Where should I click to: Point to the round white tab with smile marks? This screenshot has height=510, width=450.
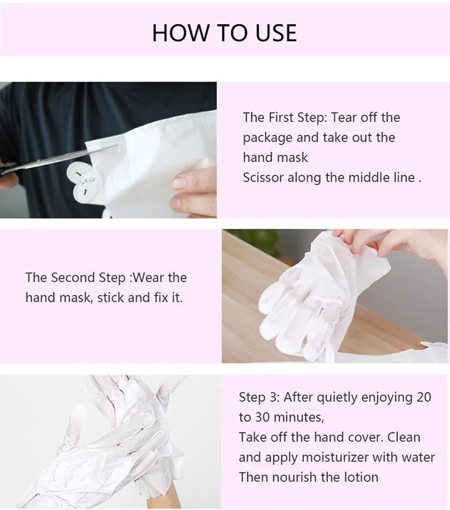pos(84,183)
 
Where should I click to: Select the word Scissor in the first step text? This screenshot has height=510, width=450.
pos(263,177)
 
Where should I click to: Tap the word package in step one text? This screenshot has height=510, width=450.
pos(268,137)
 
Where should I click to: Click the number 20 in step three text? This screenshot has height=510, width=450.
pos(423,397)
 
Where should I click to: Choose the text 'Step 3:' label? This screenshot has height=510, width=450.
pos(259,397)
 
